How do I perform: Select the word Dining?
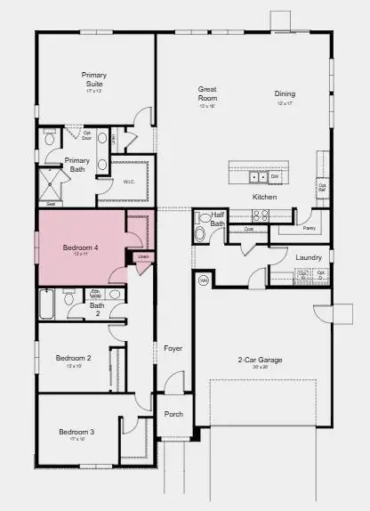click(285, 93)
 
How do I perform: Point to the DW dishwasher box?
click(275, 175)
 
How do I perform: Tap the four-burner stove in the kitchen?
click(261, 215)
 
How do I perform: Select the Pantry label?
click(310, 228)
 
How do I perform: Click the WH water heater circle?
click(203, 280)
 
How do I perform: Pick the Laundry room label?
click(309, 257)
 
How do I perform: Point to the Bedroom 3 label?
click(76, 432)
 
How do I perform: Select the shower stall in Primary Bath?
click(54, 187)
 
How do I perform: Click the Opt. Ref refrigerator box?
click(321, 188)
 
